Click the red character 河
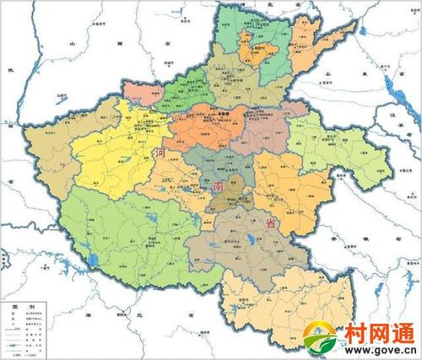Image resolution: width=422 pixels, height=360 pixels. point(160,153)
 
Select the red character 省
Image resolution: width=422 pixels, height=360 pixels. point(271,223)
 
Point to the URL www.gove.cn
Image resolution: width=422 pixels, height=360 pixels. point(377,350)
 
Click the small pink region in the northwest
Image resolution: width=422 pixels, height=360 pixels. point(139,90)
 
